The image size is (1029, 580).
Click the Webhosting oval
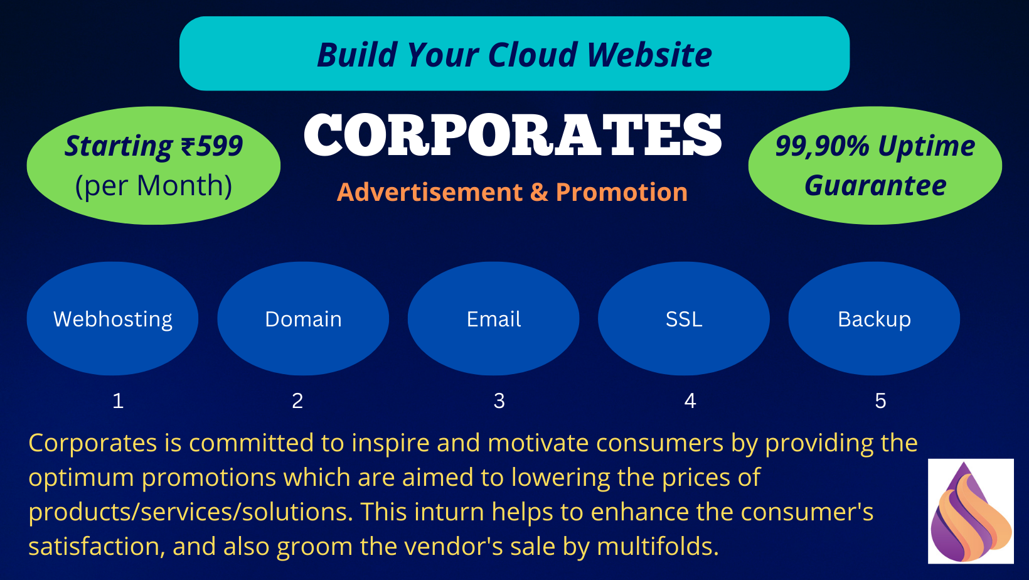click(113, 319)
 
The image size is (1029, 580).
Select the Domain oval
click(303, 319)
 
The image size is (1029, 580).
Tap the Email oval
click(494, 319)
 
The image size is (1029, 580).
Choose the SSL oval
click(684, 319)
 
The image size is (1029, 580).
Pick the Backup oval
click(874, 319)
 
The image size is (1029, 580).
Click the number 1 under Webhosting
click(118, 400)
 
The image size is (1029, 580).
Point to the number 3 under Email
click(499, 400)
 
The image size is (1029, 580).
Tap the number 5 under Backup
click(880, 400)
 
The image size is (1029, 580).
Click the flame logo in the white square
click(971, 512)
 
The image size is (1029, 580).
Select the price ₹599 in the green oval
click(212, 146)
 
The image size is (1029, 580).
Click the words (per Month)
click(154, 186)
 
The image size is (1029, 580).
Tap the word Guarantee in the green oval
click(875, 186)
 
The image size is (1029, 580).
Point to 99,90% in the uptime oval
click(822, 146)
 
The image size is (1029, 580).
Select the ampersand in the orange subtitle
click(539, 192)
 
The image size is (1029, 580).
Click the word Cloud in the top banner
click(533, 55)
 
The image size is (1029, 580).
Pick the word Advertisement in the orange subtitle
click(430, 192)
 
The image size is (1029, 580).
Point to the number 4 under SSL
click(690, 400)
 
